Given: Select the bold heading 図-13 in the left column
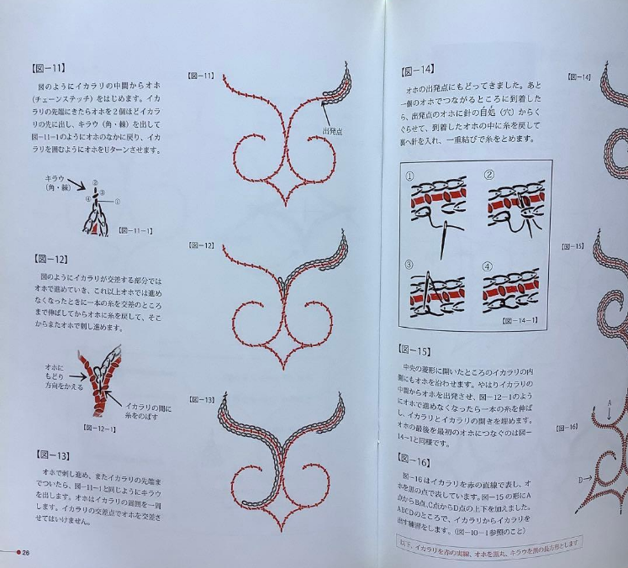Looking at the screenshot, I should [x=50, y=455].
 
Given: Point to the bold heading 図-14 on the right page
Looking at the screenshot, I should [x=418, y=70].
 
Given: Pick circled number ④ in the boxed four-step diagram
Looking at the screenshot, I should [x=488, y=266].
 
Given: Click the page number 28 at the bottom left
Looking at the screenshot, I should [x=26, y=552].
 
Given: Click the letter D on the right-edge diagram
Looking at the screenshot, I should [x=581, y=480].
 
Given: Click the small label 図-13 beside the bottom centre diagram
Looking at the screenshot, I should [x=203, y=399].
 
